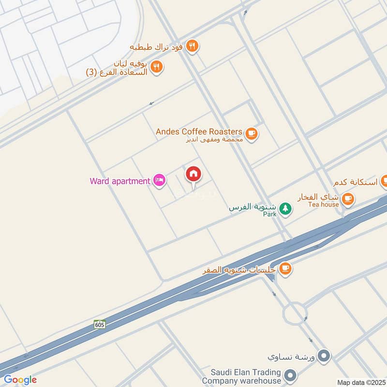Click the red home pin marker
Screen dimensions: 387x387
point(193,174)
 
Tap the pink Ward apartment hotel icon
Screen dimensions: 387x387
point(160,181)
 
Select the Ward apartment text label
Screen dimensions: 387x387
point(120,181)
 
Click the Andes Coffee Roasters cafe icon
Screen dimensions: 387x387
point(251,134)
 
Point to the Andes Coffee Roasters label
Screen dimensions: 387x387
point(199,132)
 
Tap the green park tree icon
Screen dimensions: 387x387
point(286,208)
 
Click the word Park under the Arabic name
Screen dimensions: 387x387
point(270,214)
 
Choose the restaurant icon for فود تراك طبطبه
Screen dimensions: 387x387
point(193,46)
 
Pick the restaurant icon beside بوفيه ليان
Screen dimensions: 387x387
point(156,67)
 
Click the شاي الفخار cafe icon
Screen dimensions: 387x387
point(348,198)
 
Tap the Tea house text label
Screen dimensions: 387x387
point(324,205)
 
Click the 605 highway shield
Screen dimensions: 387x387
point(100,324)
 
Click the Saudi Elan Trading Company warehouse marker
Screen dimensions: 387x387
point(290,375)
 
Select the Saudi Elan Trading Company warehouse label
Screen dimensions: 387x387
point(246,375)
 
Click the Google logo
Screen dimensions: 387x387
point(20,380)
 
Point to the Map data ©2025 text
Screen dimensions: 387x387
point(360,382)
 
